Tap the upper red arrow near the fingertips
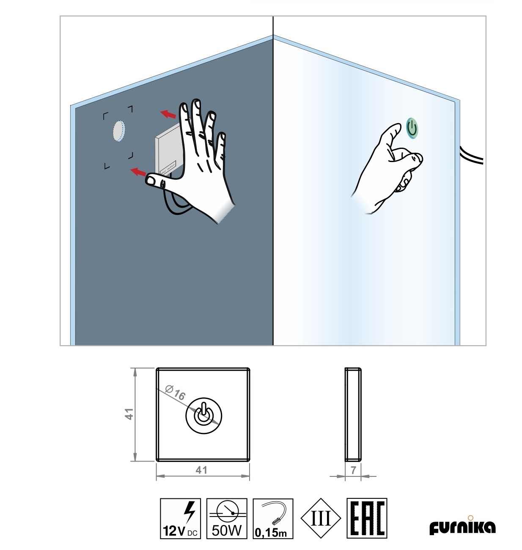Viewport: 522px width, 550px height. pos(168,114)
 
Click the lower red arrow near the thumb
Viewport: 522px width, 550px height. pos(138,171)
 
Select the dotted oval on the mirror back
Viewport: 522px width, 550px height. pos(118,131)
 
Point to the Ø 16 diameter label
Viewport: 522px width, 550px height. pos(175,393)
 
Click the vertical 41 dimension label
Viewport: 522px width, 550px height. pos(129,414)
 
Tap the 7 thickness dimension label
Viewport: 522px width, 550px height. pos(353,470)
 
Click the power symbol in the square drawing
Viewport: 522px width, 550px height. pos(204,415)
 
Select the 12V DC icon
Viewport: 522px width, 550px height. pos(181,518)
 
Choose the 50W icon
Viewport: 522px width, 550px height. pos(227,518)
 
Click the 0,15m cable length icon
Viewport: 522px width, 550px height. pos(273,518)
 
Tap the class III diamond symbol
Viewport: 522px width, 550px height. pos(321,518)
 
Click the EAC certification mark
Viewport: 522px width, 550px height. pos(367,518)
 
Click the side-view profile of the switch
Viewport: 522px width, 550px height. pos(353,414)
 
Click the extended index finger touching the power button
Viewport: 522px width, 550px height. pos(393,134)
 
